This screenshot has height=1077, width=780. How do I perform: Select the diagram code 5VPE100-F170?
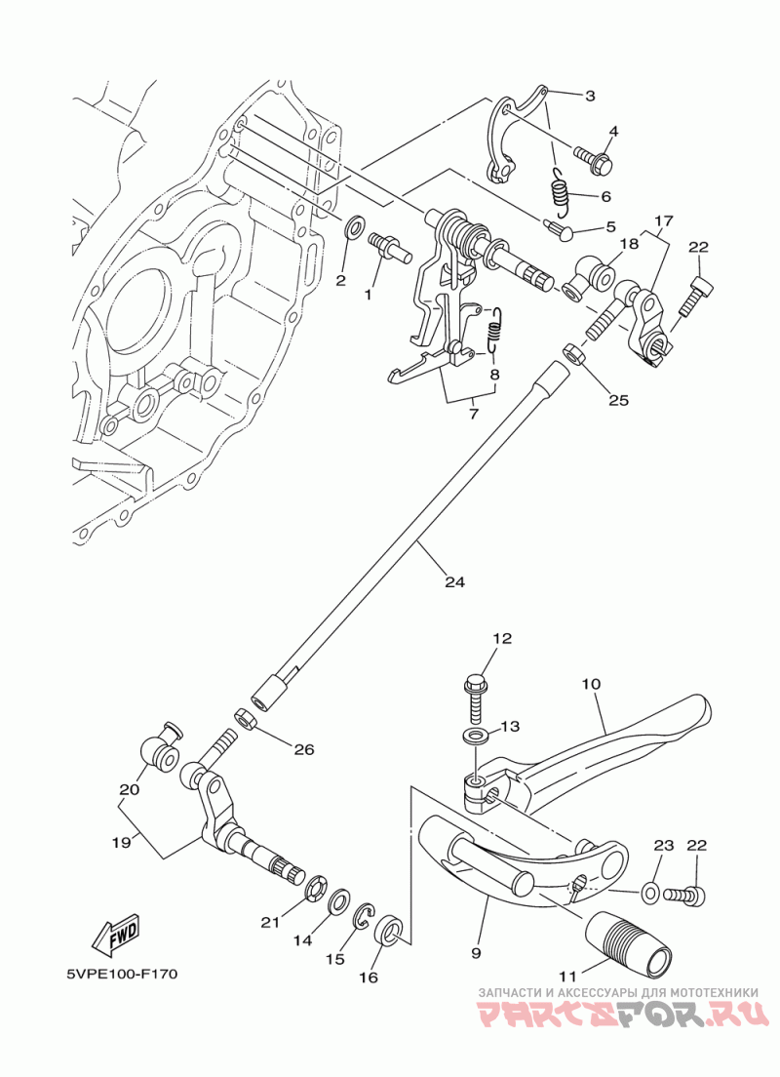pos(122,974)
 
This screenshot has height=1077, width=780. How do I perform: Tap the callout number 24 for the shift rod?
pos(454,581)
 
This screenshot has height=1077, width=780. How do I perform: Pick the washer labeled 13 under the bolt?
pos(475,737)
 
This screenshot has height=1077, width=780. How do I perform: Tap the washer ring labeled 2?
pos(355,226)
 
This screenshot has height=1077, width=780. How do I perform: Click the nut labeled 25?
pos(574,354)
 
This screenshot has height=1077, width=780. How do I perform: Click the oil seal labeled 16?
pos(390,935)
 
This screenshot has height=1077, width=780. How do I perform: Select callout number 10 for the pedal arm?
pos(591,684)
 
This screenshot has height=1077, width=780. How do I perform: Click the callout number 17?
pos(664,221)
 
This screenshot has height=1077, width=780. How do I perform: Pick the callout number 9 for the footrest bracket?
pos(477,953)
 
